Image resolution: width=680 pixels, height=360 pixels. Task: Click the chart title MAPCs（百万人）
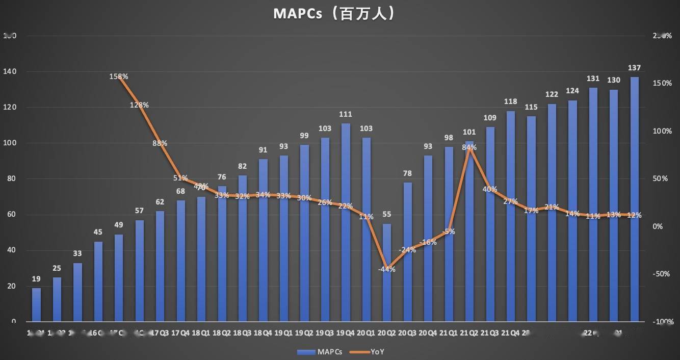334,13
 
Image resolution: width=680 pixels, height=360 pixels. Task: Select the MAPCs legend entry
320,351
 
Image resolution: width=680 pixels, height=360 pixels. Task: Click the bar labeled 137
634,199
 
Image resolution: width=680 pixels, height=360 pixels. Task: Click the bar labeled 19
36,304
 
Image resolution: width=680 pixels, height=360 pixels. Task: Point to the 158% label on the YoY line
119,76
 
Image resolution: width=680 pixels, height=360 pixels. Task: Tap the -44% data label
386,269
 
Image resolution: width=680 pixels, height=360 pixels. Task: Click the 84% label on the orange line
469,147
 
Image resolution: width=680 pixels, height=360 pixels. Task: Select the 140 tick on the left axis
10,71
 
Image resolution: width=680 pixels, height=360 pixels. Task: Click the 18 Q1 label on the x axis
201,333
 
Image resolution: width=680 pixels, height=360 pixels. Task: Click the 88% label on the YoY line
160,143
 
